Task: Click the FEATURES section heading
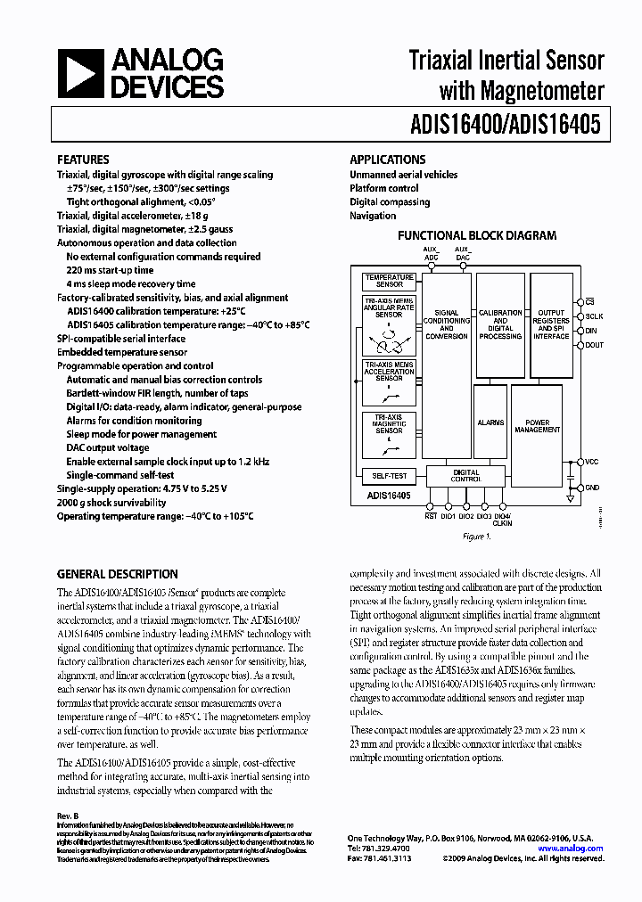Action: pyautogui.click(x=83, y=160)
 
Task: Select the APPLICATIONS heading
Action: pyautogui.click(x=386, y=160)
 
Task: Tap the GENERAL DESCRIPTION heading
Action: pyautogui.click(x=117, y=574)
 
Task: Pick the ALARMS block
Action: pyautogui.click(x=490, y=422)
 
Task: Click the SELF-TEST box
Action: pyautogui.click(x=389, y=476)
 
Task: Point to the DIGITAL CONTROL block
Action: pyautogui.click(x=465, y=475)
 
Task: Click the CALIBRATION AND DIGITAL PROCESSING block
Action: pyautogui.click(x=500, y=324)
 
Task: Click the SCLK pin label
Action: pyautogui.click(x=595, y=316)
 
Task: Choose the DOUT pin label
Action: pyautogui.click(x=595, y=344)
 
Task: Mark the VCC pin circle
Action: pyautogui.click(x=580, y=462)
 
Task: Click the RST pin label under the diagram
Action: pyautogui.click(x=431, y=515)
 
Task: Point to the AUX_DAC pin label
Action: pyautogui.click(x=462, y=253)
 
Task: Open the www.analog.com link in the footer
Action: pyautogui.click(x=576, y=849)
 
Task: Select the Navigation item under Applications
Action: pyautogui.click(x=373, y=215)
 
